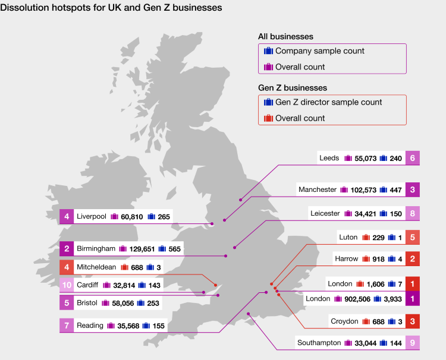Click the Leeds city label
pyautogui.click(x=329, y=158)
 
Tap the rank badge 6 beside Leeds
pyautogui.click(x=413, y=158)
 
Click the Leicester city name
pyautogui.click(x=325, y=213)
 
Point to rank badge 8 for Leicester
pyautogui.click(x=413, y=213)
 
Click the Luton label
pyautogui.click(x=348, y=237)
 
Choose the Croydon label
pyautogui.click(x=344, y=321)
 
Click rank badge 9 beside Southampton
pyautogui.click(x=413, y=343)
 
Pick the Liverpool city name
pyautogui.click(x=92, y=217)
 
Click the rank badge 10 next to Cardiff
pyautogui.click(x=67, y=285)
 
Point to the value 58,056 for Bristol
pyautogui.click(x=117, y=303)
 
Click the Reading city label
pyautogui.click(x=90, y=326)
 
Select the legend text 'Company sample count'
pyautogui.click(x=320, y=51)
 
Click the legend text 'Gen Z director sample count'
pyautogui.click(x=329, y=102)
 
